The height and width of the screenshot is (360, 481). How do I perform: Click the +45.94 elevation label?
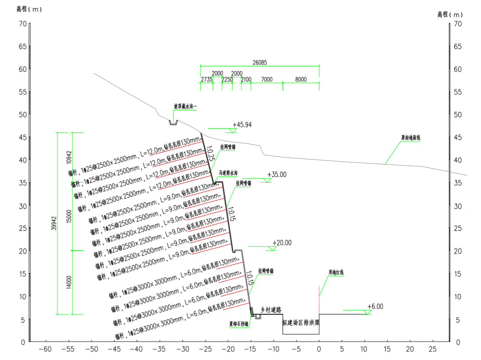pos(242,125)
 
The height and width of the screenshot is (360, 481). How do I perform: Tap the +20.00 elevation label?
pos(282,243)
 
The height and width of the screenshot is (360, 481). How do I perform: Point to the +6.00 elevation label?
pos(375,306)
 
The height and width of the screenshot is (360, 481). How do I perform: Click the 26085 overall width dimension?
pos(260,62)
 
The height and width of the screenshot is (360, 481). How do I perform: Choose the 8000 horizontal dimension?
pos(301,79)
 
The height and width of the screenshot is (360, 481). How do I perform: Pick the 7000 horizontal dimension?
pos(267,79)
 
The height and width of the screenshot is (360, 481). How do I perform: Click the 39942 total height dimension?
pos(54,223)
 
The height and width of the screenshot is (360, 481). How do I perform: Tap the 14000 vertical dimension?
pos(69,282)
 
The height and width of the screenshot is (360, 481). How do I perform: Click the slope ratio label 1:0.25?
pos(210,151)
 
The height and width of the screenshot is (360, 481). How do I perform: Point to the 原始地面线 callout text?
pos(410,138)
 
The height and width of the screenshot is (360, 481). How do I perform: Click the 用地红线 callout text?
pos(336,273)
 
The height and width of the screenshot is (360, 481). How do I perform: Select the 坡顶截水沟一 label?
pos(185,106)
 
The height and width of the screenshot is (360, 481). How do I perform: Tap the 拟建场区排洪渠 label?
pos(300,322)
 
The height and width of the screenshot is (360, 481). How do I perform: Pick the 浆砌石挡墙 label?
pos(239,324)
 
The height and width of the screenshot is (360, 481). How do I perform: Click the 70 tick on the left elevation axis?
pos(22,24)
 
